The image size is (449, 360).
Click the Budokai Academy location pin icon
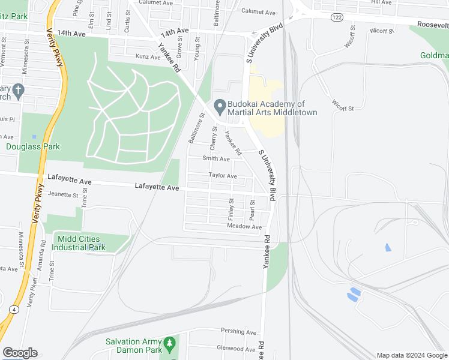tap(220, 107)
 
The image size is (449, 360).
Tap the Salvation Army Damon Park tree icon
tap(170, 344)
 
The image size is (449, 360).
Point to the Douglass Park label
tap(33, 146)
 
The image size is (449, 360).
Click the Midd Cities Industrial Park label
tap(81, 243)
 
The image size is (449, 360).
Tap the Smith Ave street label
tap(216, 159)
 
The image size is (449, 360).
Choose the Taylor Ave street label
tap(223, 176)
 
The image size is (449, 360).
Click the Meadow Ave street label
tap(244, 227)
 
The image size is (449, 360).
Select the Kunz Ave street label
tap(148, 57)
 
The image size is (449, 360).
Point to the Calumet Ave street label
tap(258, 12)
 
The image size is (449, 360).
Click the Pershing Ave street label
tap(238, 331)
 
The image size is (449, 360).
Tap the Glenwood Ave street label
tap(236, 348)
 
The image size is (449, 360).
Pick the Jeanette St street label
tap(64, 194)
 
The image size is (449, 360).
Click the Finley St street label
tap(231, 209)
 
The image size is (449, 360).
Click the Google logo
tap(20, 353)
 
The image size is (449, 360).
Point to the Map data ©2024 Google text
tap(411, 355)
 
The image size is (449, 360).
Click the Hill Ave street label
tap(381, 2)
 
